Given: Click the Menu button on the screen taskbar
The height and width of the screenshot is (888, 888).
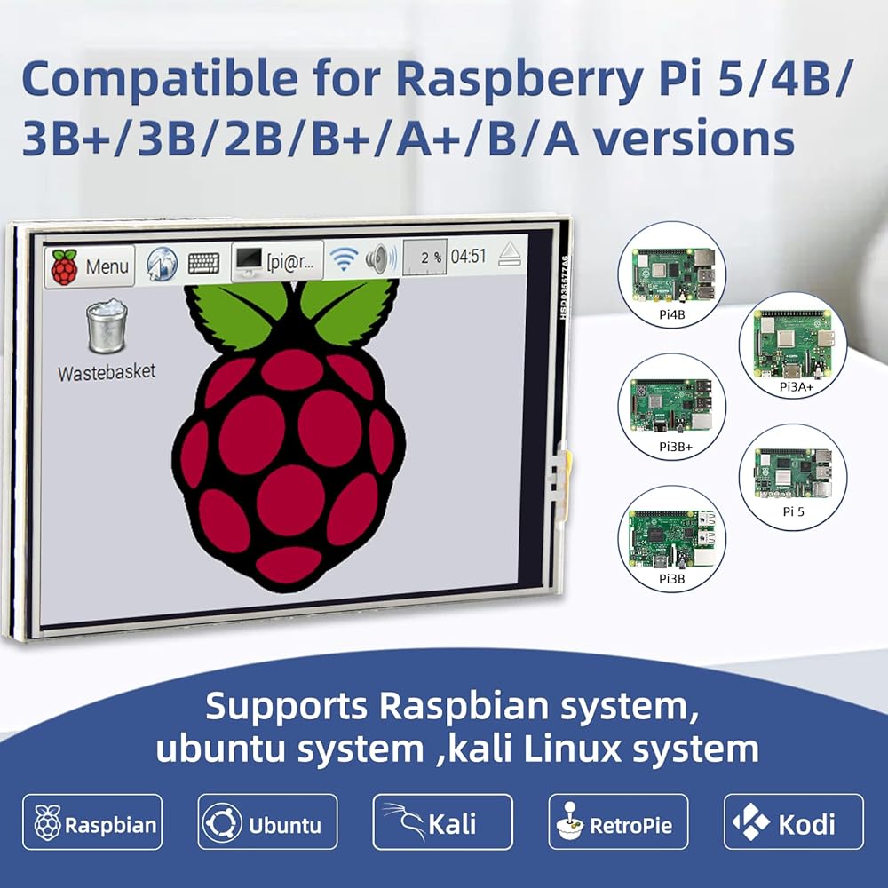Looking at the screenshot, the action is [x=90, y=266].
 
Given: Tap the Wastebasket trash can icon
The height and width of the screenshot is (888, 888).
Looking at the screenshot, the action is [x=107, y=328].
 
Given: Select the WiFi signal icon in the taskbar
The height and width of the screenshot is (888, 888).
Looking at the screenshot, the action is [x=344, y=258].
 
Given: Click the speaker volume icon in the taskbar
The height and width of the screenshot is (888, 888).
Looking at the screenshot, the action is [x=381, y=259].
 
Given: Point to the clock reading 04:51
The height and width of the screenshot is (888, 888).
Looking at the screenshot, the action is [x=468, y=256].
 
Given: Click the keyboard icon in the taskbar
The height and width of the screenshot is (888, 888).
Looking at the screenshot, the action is [x=204, y=263].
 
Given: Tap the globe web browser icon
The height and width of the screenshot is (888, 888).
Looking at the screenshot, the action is [x=162, y=264].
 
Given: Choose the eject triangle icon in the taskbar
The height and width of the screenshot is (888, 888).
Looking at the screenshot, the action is [x=510, y=254].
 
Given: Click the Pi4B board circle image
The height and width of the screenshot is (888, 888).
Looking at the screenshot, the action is [x=671, y=275].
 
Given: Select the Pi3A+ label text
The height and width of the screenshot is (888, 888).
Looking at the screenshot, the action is [x=797, y=387].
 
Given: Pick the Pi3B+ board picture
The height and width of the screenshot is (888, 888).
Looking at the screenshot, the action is [x=671, y=407].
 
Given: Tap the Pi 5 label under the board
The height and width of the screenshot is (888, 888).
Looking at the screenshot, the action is [x=793, y=511].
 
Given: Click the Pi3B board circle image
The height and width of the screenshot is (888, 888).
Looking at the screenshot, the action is [x=671, y=539].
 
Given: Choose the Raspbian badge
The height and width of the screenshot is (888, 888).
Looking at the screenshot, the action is [x=92, y=821].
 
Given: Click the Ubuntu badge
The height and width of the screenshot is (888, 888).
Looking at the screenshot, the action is [x=267, y=821].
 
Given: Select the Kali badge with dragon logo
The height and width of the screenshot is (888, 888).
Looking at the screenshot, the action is [x=443, y=821].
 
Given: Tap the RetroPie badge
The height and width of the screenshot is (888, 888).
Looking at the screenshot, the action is [x=618, y=821].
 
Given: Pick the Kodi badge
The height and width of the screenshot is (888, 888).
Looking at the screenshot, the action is [x=794, y=821].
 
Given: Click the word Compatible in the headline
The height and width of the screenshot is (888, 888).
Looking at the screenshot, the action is [x=159, y=79].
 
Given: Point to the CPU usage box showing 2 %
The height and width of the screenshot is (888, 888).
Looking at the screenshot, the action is [x=424, y=258].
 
